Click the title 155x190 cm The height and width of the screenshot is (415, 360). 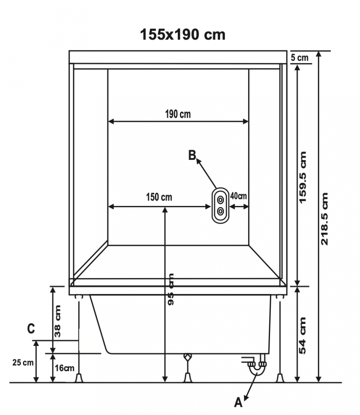click(x=183, y=35)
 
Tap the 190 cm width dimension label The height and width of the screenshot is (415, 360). click(x=178, y=114)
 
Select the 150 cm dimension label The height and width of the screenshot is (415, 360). click(x=159, y=197)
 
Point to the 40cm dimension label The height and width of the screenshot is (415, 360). click(x=238, y=196)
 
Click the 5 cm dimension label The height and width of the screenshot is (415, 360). click(x=300, y=57)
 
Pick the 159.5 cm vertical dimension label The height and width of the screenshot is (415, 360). click(x=303, y=177)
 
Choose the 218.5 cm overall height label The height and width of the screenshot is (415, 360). click(x=325, y=219)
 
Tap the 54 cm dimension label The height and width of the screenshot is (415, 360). click(x=302, y=335)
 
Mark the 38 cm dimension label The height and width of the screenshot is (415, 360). click(x=57, y=321)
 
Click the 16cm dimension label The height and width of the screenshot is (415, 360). click(x=64, y=368)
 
